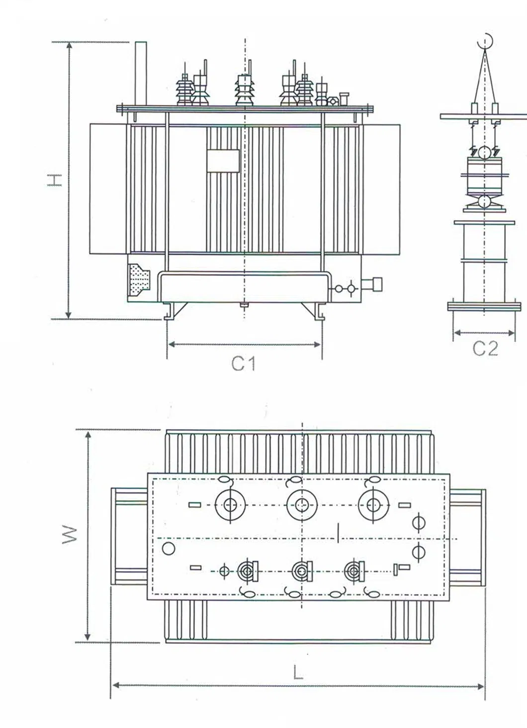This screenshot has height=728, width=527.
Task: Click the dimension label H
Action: (54, 180)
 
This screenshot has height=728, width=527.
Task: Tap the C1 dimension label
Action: (244, 364)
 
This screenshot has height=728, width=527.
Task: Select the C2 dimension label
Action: (485, 348)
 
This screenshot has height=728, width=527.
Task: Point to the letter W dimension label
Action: (70, 534)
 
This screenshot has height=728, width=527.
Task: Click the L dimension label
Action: (298, 673)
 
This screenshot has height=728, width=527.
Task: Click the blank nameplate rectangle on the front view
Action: (223, 161)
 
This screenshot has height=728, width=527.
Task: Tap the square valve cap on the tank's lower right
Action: (377, 284)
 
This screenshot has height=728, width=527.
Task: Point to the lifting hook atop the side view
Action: (485, 41)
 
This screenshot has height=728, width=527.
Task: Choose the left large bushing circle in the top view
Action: (230, 505)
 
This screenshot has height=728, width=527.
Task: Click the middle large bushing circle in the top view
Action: (301, 505)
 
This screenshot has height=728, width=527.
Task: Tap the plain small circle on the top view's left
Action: (169, 548)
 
